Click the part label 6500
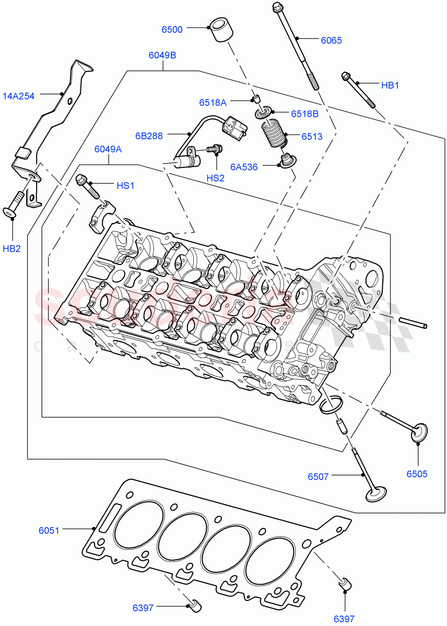click(x=172, y=30)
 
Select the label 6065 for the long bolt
click(x=331, y=40)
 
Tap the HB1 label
click(x=390, y=85)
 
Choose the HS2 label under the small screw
click(x=215, y=178)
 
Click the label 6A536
click(x=244, y=167)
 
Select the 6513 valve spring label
click(x=312, y=137)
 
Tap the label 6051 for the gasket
click(x=49, y=530)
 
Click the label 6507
click(x=319, y=476)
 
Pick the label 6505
click(x=417, y=474)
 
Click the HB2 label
click(x=11, y=248)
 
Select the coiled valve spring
click(x=274, y=135)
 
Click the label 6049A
click(x=108, y=150)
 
